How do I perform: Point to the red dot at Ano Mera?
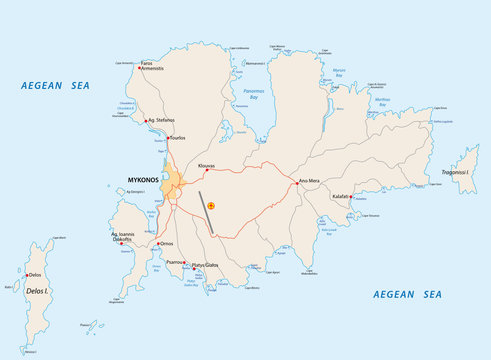[x=296, y=182]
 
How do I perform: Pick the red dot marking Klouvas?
[x=206, y=169]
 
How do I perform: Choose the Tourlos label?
[x=179, y=137]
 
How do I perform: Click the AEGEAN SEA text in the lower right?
[x=406, y=294]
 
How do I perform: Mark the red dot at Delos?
[x=27, y=274]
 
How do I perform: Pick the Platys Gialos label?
[x=206, y=267]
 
